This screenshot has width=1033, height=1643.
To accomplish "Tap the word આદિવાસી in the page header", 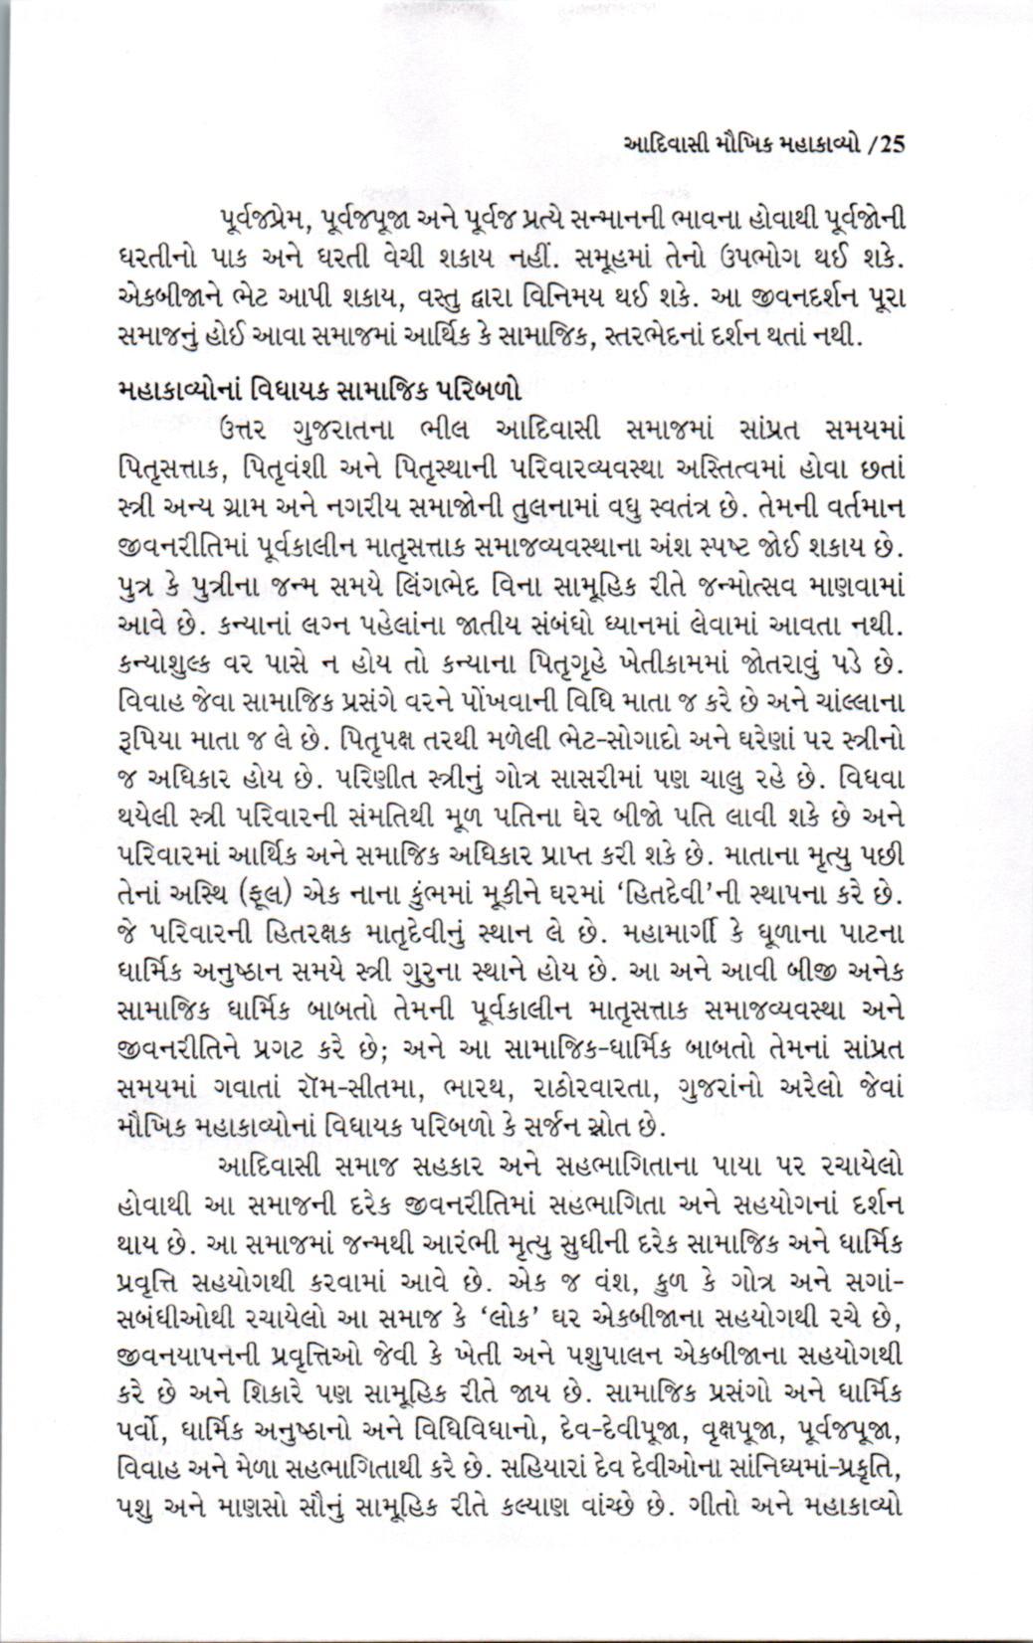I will (664, 143).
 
